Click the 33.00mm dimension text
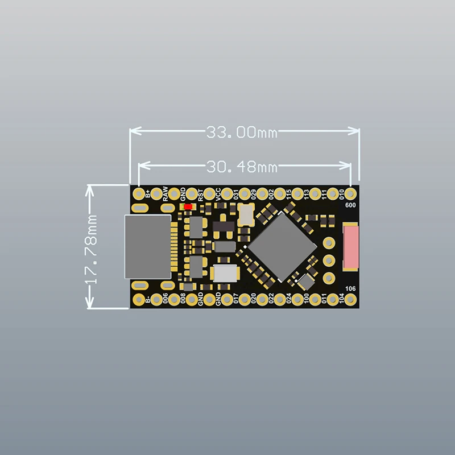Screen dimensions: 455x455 [x=241, y=133]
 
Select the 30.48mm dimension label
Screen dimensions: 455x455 [x=241, y=167]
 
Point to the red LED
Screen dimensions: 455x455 [x=187, y=207]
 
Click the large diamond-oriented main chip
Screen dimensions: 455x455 [x=282, y=246]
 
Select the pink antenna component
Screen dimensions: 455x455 [x=351, y=246]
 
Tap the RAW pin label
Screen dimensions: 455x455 [x=166, y=193]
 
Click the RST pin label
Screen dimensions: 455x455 [x=201, y=194]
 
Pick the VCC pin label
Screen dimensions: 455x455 [x=218, y=193]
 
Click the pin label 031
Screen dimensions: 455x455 [x=236, y=193]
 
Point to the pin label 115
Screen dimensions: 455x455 [x=289, y=193]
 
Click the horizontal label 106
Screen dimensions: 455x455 [x=350, y=289]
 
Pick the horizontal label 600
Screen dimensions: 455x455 [x=350, y=205]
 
